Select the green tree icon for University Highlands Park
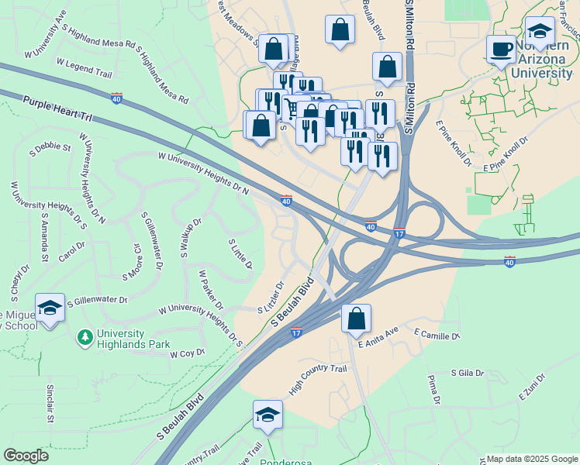point(85,337)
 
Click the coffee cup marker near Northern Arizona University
point(500,50)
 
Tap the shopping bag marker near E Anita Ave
point(356,319)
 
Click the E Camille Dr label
point(437,334)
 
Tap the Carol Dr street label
point(71,251)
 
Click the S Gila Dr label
point(468,374)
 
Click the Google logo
point(26,456)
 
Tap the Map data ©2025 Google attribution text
point(532,458)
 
